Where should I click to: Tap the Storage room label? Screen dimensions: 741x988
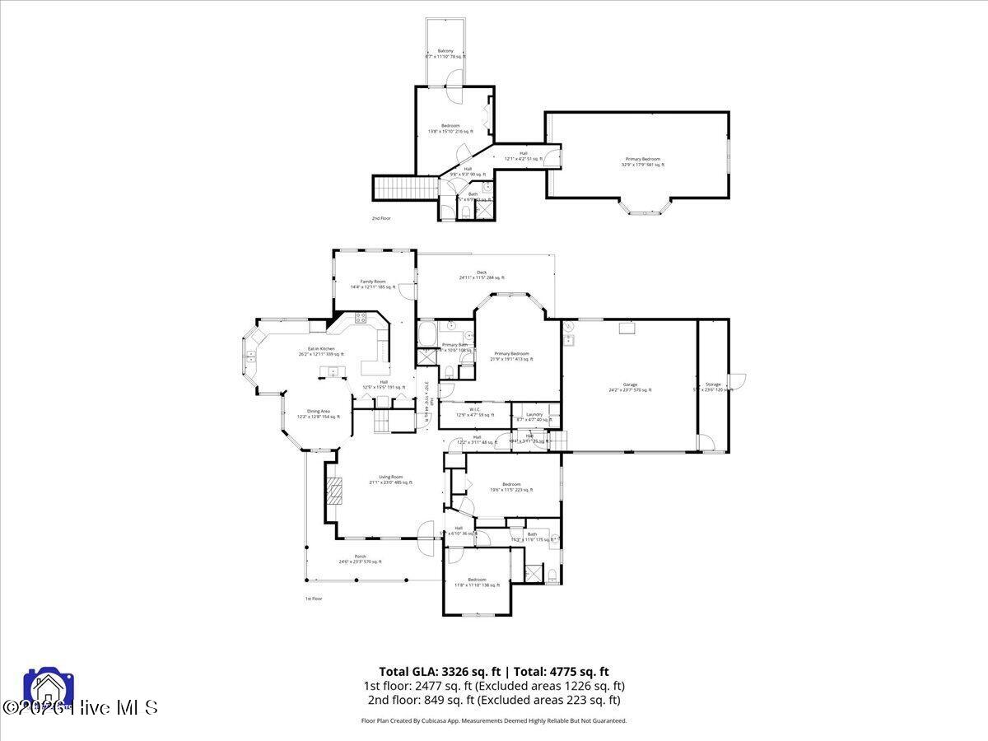coord(712,385)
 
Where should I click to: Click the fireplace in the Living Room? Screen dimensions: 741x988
coord(333,492)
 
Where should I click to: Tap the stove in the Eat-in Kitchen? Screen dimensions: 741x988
coord(361,318)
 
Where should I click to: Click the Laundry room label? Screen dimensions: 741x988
coord(534,416)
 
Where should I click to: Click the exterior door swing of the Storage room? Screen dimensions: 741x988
coord(739,381)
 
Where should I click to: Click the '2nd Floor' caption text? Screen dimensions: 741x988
coord(380,218)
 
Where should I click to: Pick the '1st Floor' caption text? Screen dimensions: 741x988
coord(313,599)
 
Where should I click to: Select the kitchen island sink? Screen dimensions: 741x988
coord(333,372)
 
